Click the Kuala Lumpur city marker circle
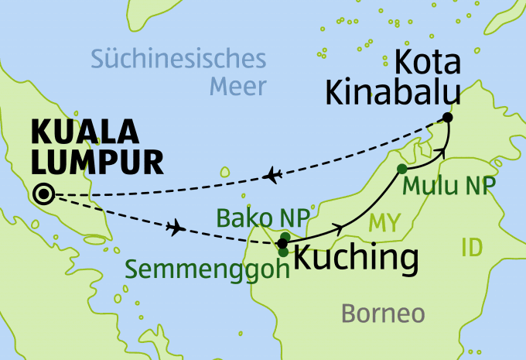pos(44,194)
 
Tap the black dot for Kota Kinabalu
pos(446,118)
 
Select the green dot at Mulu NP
pos(401,169)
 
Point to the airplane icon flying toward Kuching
pos(177,228)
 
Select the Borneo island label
pos(384,314)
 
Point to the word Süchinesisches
pos(178,59)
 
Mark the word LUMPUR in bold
pos(97,163)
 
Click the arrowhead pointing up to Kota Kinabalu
pos(442,152)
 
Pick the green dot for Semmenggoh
pos(284,252)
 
